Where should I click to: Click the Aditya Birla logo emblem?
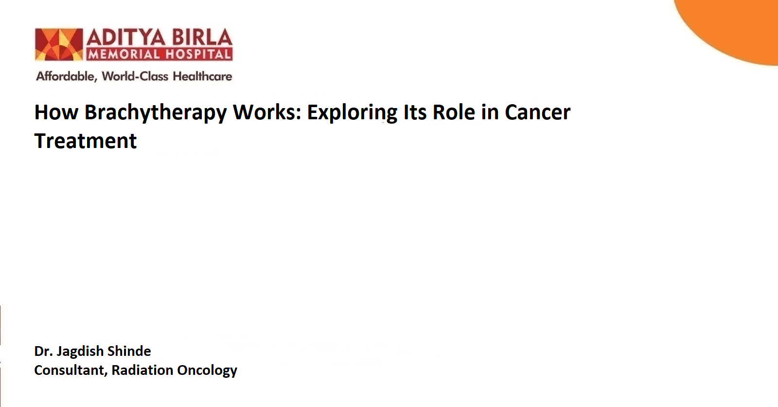tap(59, 44)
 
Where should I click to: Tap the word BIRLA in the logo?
tap(202, 37)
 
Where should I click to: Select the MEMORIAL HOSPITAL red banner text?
tap(159, 54)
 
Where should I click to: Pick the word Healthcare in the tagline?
tap(202, 76)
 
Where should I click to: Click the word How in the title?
tap(56, 112)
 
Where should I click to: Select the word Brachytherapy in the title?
tap(155, 113)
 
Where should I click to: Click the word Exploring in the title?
tap(352, 113)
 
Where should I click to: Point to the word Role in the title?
tap(454, 112)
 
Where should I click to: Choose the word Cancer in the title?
tap(537, 112)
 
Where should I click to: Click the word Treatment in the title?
tap(86, 141)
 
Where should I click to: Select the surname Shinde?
tap(129, 351)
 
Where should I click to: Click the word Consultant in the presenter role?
tap(71, 370)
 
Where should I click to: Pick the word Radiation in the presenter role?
tap(142, 370)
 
